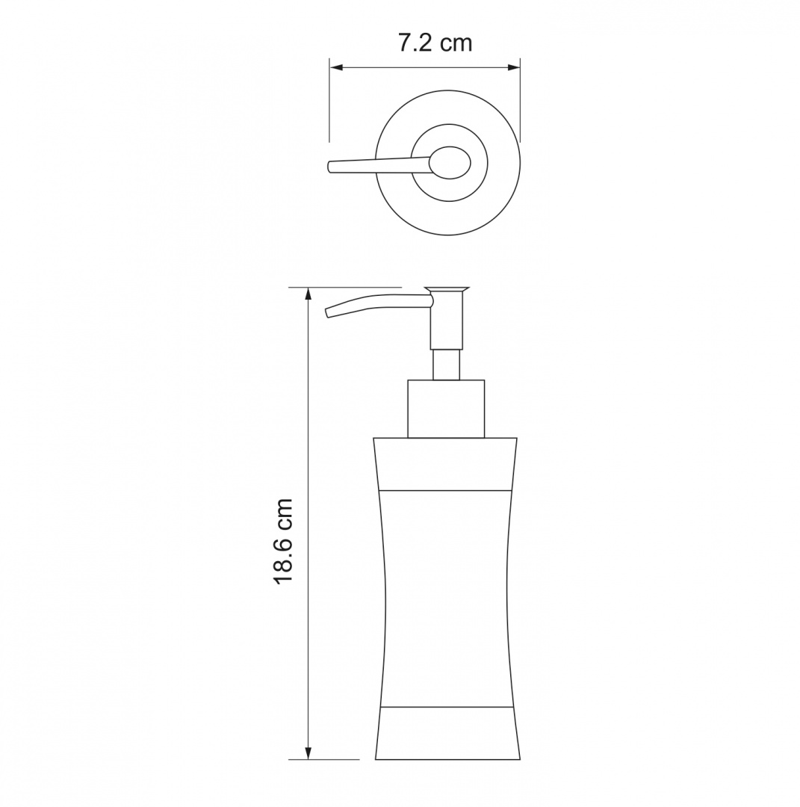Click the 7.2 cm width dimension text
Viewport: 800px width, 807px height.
pos(435,43)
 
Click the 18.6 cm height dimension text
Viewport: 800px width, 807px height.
pos(283,540)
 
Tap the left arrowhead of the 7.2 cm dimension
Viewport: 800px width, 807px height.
pos(336,67)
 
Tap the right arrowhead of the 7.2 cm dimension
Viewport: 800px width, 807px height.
pos(513,67)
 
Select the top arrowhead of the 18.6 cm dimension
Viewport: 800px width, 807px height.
pos(308,294)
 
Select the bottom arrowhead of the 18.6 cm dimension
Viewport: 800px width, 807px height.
pos(308,752)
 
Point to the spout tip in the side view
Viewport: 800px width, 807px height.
pos(328,313)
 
